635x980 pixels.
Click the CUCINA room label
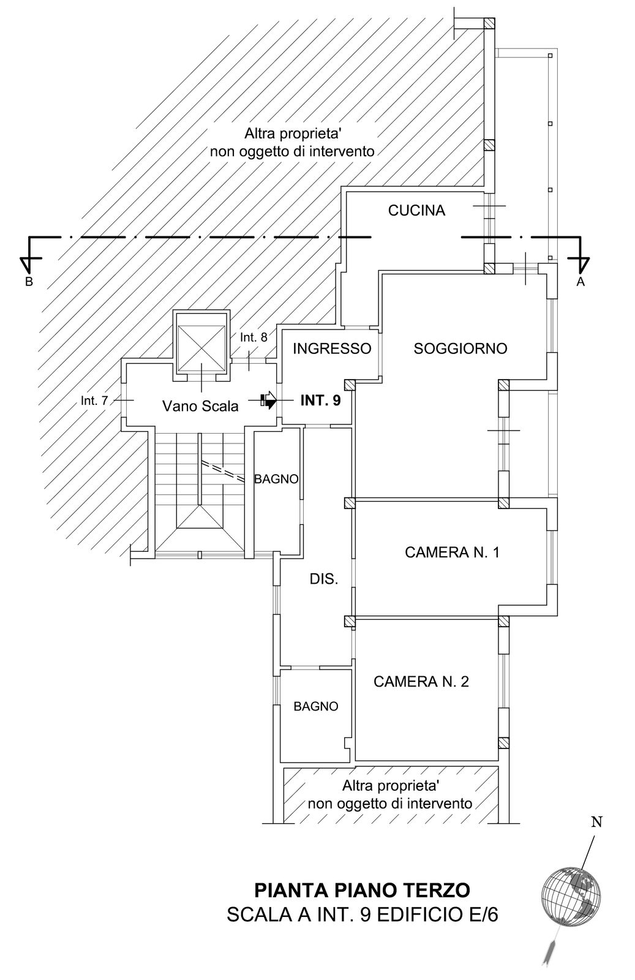click(416, 211)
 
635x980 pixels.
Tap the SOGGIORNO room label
click(460, 349)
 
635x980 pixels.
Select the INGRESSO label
click(332, 349)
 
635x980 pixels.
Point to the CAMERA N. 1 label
click(452, 552)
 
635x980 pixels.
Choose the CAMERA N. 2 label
click(421, 681)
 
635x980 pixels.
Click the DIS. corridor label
click(323, 579)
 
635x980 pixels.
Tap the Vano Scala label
click(200, 407)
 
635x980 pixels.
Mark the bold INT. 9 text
click(320, 401)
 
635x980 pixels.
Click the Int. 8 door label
click(254, 337)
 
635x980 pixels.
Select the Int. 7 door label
click(94, 401)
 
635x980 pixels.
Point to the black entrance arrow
click(269, 400)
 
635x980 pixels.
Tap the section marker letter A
click(581, 282)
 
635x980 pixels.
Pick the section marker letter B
click(29, 282)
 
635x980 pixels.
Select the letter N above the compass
click(596, 823)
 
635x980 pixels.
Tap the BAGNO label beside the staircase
click(276, 479)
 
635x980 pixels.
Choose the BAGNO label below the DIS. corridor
click(316, 707)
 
